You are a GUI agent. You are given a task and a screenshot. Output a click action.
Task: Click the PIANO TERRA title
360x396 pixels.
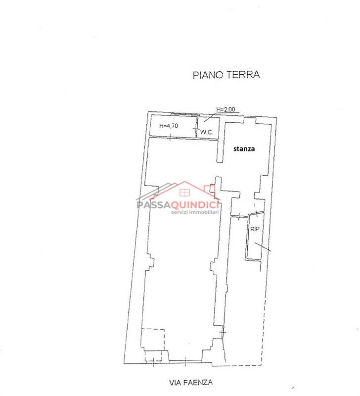click(x=226, y=75)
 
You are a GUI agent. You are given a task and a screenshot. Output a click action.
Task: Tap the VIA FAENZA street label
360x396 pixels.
click(x=191, y=382)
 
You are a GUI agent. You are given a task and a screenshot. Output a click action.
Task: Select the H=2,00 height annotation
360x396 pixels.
click(x=225, y=109)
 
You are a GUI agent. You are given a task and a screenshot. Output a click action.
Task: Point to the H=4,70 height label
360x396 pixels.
click(x=169, y=126)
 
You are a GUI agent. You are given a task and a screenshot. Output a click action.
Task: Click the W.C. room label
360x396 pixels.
click(x=207, y=132)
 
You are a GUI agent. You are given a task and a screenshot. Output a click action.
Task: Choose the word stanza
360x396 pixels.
click(x=244, y=149)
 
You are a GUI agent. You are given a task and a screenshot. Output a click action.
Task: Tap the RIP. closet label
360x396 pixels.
click(x=255, y=229)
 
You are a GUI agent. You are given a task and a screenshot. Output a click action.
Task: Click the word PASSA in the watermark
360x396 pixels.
click(x=152, y=204)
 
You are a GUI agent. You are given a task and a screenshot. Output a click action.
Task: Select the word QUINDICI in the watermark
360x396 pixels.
click(x=193, y=204)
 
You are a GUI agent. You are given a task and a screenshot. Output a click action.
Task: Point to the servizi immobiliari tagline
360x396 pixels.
click(x=195, y=212)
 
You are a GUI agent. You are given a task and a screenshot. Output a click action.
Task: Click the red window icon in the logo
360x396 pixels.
click(x=184, y=193)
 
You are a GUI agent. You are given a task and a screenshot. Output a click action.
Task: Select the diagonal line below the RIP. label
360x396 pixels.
click(x=263, y=247)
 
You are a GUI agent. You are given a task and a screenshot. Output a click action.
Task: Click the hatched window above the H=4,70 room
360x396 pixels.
click(x=184, y=114)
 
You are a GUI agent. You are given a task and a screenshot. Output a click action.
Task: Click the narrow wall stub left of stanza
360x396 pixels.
click(x=220, y=150)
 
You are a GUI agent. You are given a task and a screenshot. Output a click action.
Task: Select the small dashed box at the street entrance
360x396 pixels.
click(x=153, y=356)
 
